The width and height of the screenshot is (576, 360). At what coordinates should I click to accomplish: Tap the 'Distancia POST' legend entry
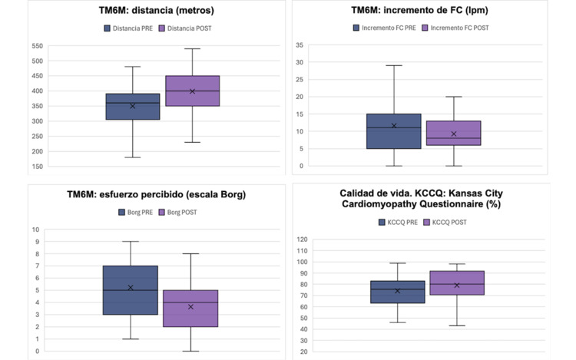tap(184, 28)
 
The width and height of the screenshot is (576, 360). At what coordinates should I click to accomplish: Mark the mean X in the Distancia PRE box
tap(132, 106)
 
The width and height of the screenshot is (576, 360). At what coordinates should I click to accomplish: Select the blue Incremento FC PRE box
tap(394, 130)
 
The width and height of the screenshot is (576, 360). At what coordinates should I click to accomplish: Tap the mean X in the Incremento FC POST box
tap(454, 134)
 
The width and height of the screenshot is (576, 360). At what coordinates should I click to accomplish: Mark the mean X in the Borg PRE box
tap(131, 288)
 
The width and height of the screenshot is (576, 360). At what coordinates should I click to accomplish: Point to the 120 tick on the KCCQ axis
tap(302, 239)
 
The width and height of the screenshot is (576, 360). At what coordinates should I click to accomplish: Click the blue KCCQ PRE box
tap(398, 292)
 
